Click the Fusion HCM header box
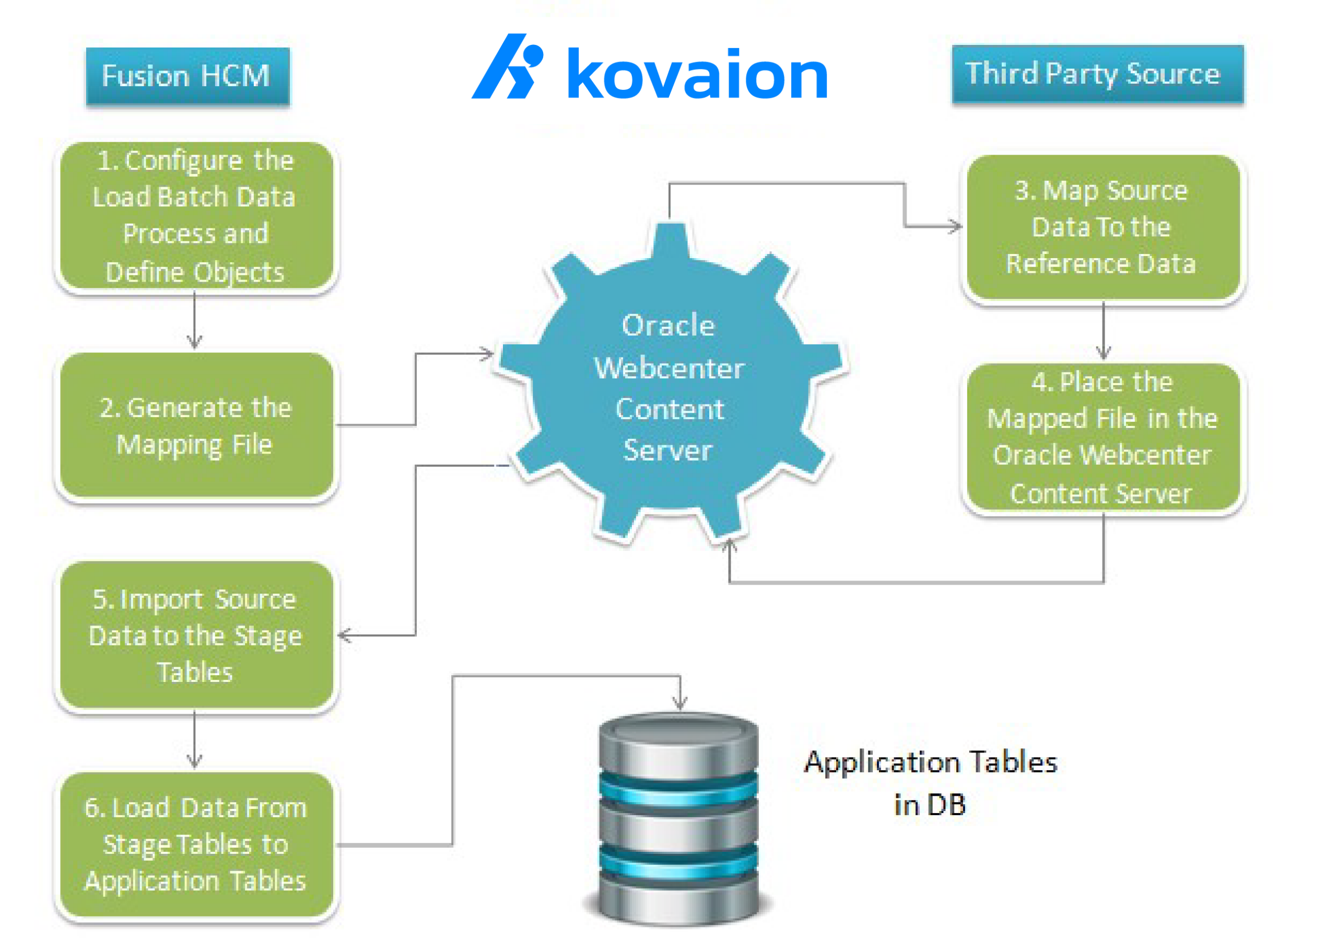pyautogui.click(x=187, y=76)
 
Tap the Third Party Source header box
pyautogui.click(x=1097, y=75)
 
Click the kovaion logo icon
pyautogui.click(x=508, y=67)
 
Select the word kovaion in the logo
pyautogui.click(x=697, y=75)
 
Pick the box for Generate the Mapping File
pyautogui.click(x=196, y=425)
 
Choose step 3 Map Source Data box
pyautogui.click(x=1103, y=227)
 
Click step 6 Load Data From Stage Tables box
pyautogui.click(x=196, y=845)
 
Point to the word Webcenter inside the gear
pyautogui.click(x=669, y=369)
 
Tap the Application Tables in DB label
pyautogui.click(x=930, y=782)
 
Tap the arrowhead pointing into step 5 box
pyautogui.click(x=345, y=635)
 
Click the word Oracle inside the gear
pyautogui.click(x=668, y=326)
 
